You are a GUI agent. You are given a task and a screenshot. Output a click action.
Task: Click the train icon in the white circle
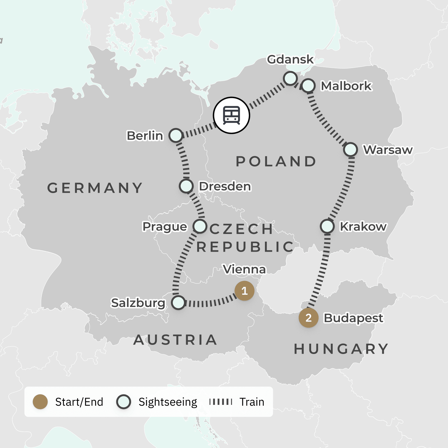[231, 115]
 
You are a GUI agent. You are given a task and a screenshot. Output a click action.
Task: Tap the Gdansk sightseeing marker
[290, 78]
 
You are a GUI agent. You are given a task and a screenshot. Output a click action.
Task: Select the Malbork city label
[346, 86]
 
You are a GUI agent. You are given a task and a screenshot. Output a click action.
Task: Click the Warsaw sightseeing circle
[351, 150]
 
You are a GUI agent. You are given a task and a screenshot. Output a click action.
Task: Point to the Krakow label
[363, 226]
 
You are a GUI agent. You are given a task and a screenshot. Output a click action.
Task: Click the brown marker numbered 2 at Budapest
[309, 318]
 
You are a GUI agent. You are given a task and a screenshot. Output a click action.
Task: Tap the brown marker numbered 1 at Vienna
[244, 291]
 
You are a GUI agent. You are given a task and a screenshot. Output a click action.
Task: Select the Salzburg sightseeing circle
[178, 303]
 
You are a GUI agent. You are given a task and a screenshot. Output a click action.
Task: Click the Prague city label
[165, 226]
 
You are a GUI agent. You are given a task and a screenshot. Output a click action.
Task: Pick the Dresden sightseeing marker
[186, 186]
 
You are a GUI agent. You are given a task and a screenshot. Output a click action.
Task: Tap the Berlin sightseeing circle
[176, 136]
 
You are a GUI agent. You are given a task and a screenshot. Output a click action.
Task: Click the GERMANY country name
[95, 188]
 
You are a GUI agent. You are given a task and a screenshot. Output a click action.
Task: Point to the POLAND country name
[276, 162]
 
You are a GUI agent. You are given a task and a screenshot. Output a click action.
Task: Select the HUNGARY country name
[341, 349]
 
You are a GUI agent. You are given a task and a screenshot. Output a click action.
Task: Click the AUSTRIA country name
[175, 340]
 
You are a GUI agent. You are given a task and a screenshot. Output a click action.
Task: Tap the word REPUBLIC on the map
[245, 247]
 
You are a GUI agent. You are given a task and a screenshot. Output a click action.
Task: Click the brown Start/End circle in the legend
[40, 402]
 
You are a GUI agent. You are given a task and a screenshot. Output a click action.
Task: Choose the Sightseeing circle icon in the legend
[124, 402]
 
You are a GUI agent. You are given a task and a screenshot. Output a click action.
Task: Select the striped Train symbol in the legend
[221, 402]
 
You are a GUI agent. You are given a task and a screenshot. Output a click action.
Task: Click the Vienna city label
[244, 269]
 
